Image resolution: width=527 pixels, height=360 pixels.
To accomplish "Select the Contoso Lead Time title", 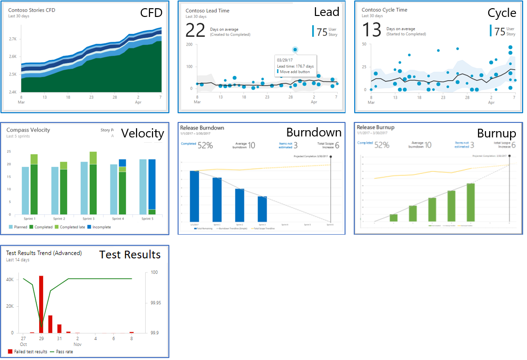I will (208, 11).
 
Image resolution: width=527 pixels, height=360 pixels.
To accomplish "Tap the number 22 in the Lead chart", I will (196, 30).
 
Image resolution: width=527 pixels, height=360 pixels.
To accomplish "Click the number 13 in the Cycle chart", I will (372, 30).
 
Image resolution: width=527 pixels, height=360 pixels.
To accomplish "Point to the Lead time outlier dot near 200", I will (295, 49).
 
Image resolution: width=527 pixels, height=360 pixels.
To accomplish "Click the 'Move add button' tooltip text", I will (296, 72).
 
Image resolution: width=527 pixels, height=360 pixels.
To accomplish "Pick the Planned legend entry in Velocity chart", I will (19, 227).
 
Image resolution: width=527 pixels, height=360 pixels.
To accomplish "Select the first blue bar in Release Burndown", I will (195, 196).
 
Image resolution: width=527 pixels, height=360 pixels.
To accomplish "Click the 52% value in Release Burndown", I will (205, 145).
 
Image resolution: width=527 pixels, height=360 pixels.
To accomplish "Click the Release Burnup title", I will (376, 127).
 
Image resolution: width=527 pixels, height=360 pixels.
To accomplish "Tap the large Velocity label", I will (142, 133).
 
